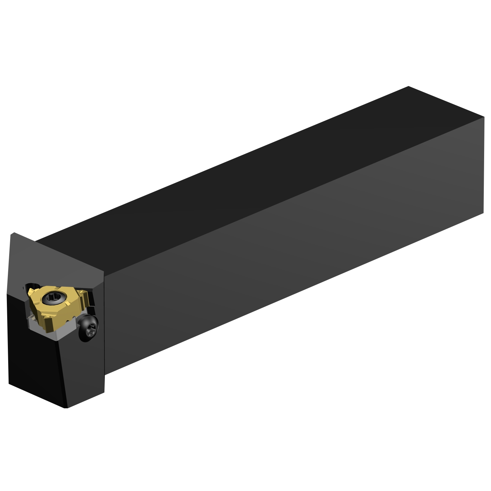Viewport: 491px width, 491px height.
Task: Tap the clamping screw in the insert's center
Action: coord(53,298)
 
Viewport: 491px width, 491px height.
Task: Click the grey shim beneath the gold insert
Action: coord(52,332)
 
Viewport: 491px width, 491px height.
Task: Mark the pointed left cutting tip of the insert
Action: coord(30,291)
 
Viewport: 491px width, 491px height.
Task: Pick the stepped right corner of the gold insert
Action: coord(86,296)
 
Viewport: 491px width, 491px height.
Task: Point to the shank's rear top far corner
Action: coord(409,87)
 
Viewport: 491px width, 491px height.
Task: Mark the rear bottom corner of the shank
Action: coord(483,213)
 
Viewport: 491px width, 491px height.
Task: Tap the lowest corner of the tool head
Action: coord(66,408)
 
